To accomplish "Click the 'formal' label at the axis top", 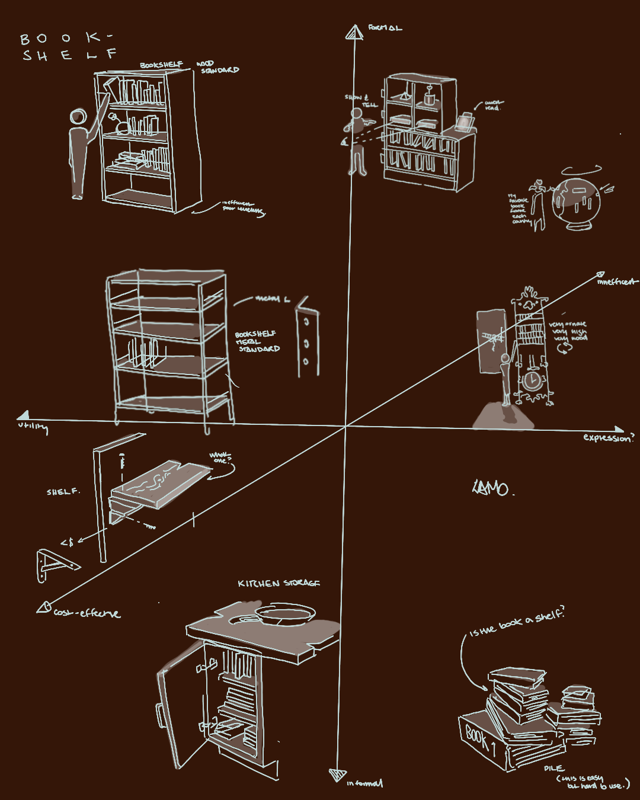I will pos(385,28).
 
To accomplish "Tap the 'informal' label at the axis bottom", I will pos(365,783).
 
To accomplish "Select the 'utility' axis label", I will pos(33,427).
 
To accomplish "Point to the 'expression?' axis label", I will pos(608,438).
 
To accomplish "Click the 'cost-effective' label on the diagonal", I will pos(87,613).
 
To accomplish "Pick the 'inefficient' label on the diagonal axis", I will pos(617,282).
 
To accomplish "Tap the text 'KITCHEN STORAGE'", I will pos(279,584).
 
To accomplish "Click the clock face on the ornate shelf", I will pos(532,379).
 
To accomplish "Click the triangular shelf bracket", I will pos(55,565).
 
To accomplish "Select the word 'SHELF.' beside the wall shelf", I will pos(63,492).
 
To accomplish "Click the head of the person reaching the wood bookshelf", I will pos(78,117).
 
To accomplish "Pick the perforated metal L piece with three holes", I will pos(307,338).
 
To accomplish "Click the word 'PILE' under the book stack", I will pos(553,768).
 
